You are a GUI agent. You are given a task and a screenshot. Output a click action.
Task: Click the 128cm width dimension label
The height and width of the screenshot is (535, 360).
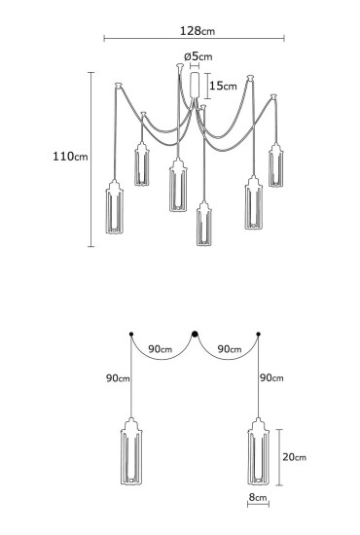(x=198, y=31)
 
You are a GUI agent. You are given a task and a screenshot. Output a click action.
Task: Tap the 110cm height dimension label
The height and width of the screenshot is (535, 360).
(x=70, y=157)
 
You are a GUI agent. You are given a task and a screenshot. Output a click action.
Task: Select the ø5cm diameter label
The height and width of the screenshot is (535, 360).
(x=198, y=56)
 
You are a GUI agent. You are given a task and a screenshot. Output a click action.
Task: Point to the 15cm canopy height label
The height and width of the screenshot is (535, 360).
(x=223, y=86)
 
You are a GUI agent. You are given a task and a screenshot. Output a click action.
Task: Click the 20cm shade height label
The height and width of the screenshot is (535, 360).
(x=294, y=457)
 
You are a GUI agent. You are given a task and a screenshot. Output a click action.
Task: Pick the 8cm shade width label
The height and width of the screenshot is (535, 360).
(x=258, y=497)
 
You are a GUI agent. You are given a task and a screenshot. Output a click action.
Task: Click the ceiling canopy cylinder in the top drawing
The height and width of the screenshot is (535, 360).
(x=195, y=85)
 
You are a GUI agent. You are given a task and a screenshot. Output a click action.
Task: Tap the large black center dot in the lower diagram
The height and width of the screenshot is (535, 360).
(x=195, y=334)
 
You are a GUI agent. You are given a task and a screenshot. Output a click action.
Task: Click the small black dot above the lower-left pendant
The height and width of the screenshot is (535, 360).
(x=131, y=334)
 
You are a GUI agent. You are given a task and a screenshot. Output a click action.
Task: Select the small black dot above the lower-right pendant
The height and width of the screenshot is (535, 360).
(x=258, y=334)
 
